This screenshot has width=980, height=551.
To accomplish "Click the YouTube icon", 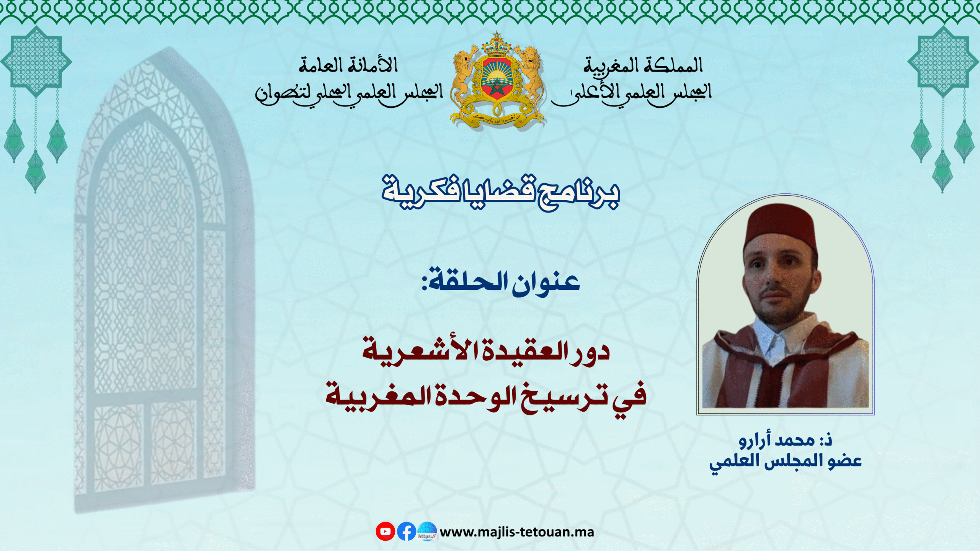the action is click(385, 531).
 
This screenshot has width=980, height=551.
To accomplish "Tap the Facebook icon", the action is click(407, 531).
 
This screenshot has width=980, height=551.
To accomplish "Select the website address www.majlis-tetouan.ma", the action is click(517, 532).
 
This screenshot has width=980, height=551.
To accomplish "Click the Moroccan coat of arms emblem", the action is click(497, 82).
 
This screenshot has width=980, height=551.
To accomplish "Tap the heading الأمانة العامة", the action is click(348, 65).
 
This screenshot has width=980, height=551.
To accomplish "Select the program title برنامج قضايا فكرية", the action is click(500, 193).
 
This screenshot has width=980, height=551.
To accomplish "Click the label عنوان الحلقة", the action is click(501, 282).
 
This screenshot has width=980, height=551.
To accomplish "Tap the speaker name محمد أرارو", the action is click(777, 440).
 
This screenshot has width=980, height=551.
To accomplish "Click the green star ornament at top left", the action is click(36, 61).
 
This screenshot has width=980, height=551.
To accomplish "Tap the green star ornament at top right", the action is click(943, 61).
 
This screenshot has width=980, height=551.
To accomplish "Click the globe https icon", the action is click(427, 531).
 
